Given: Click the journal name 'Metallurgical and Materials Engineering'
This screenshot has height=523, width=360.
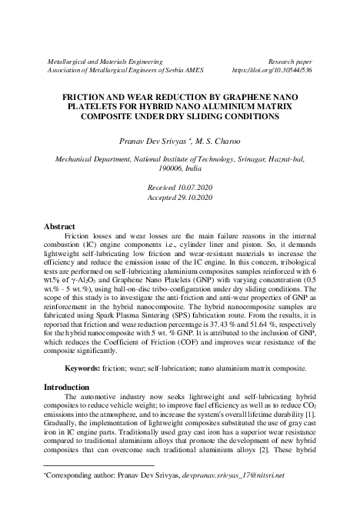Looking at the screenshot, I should pos(105,59).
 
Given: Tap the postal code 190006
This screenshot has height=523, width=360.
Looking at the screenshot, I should pos(169,167).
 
